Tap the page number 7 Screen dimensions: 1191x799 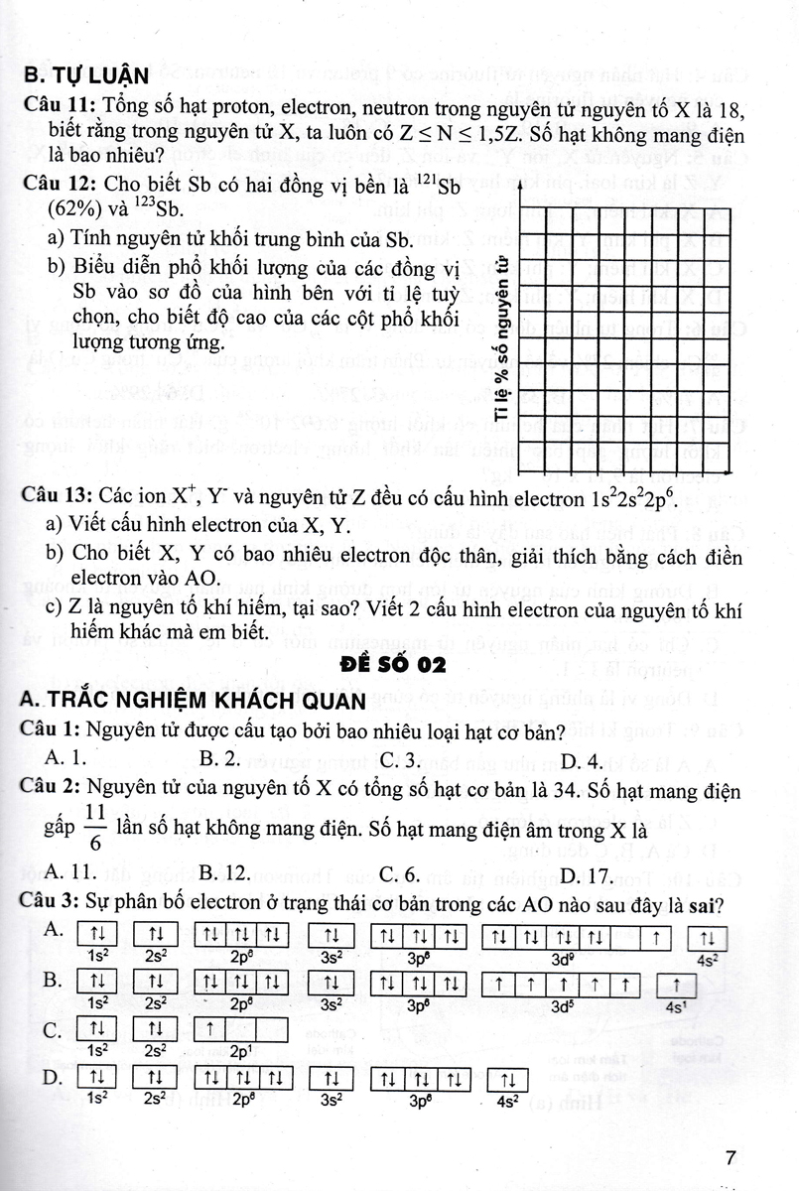(x=732, y=1158)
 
